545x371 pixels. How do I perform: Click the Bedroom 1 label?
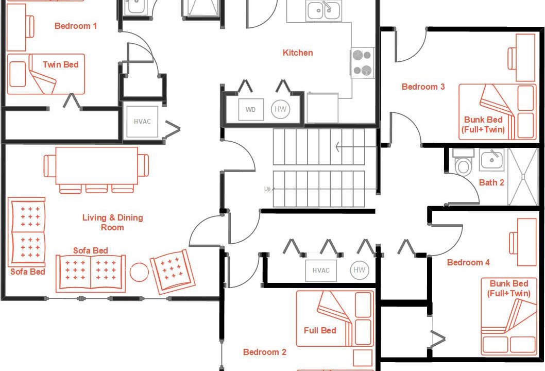76,26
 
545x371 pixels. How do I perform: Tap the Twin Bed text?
60,64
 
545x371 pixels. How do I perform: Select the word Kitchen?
298,53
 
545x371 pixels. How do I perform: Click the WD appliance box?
250,110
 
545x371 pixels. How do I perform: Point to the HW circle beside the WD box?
281,109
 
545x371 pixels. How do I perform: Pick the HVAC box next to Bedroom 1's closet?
142,122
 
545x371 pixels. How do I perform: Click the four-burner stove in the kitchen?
362,62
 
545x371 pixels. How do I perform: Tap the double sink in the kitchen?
323,11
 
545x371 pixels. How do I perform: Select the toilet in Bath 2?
463,161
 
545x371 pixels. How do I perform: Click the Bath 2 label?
491,182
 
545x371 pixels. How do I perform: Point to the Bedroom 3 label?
423,87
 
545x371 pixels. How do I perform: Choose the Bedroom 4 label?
468,262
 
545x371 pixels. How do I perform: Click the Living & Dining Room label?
113,223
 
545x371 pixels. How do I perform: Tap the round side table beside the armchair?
139,272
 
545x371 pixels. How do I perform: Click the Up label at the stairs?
267,189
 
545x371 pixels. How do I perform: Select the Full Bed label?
320,330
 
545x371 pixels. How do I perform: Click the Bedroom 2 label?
264,352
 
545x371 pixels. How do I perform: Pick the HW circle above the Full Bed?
360,270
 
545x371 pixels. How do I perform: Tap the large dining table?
97,166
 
